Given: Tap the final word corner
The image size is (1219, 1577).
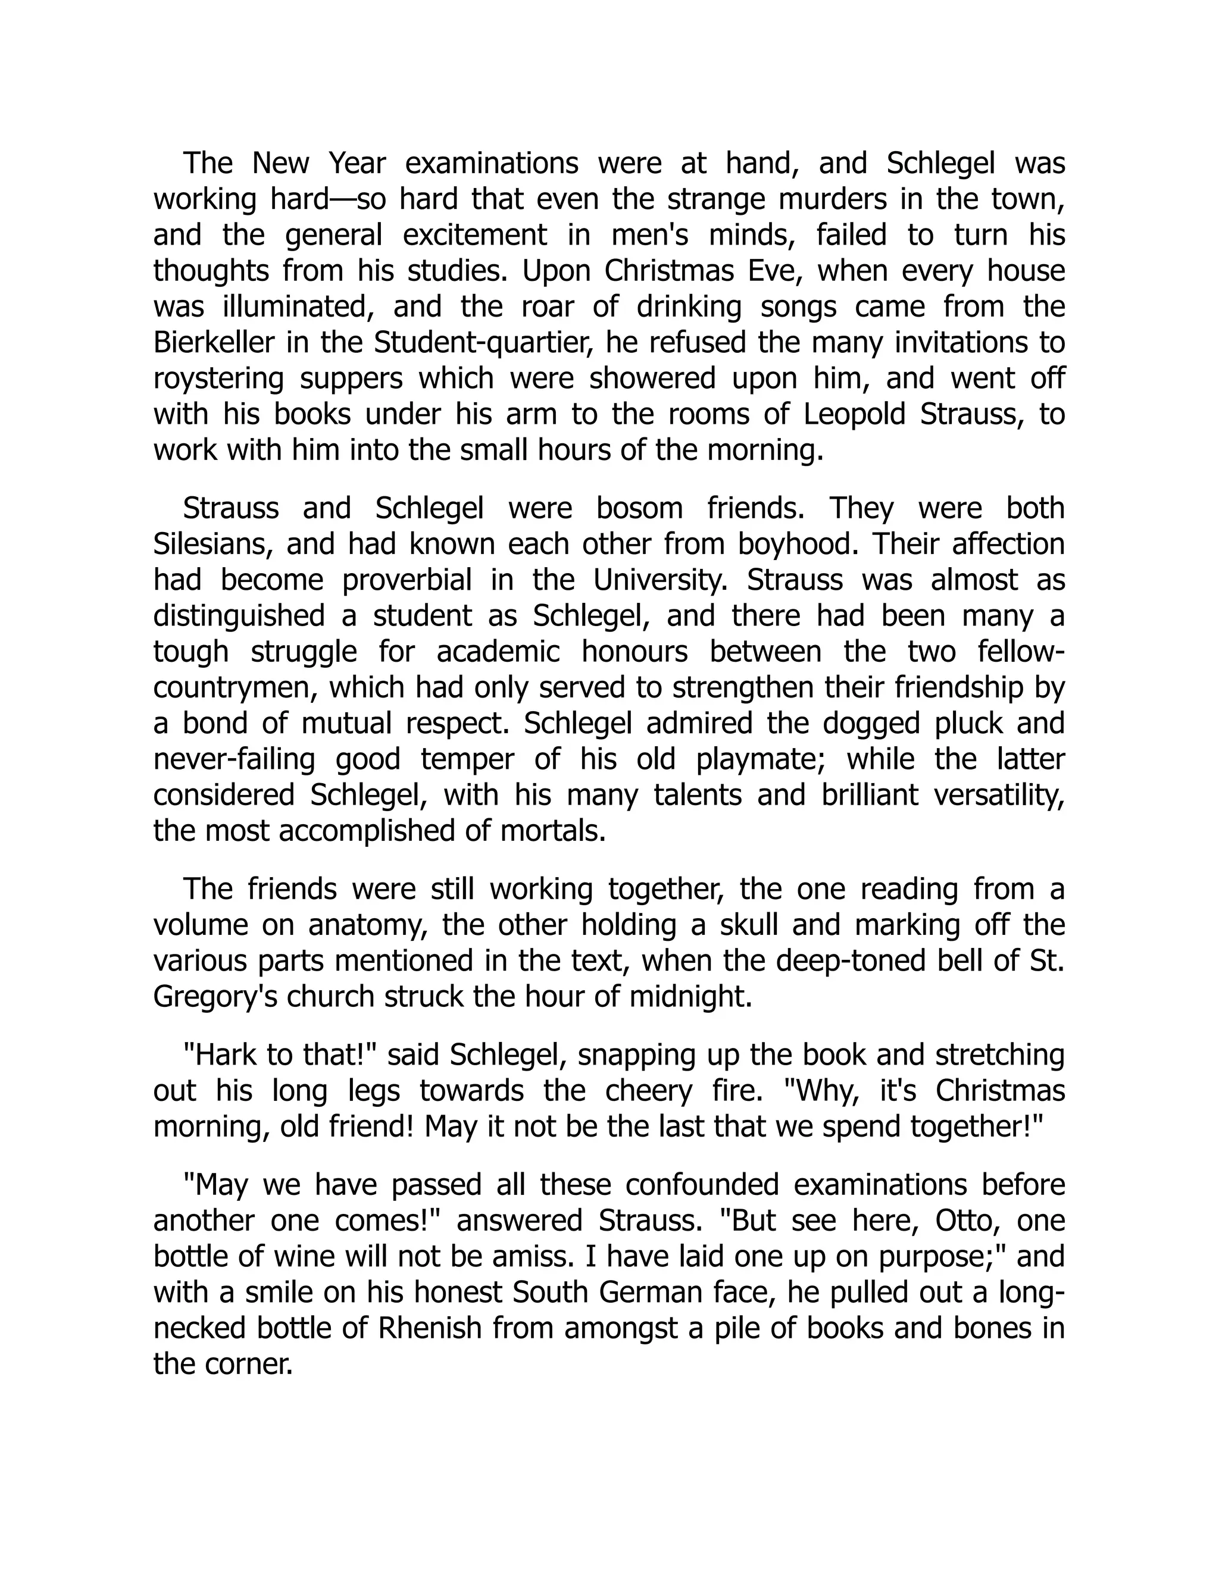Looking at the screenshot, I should point(249,1365).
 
